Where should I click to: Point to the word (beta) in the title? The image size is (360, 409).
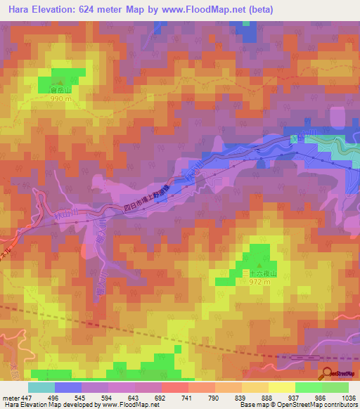259,10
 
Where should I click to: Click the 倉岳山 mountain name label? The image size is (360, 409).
60,90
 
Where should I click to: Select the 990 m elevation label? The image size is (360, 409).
60,99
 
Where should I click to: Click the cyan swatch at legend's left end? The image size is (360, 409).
41,387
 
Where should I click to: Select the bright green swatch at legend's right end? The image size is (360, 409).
335,387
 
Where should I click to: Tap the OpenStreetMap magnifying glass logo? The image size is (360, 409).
328,372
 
